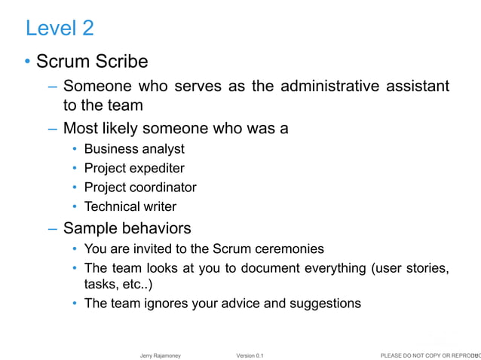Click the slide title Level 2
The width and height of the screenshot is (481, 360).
(x=60, y=29)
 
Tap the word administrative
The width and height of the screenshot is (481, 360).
(x=339, y=86)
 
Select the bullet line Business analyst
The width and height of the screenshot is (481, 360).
(x=134, y=149)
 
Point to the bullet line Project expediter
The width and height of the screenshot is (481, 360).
(x=134, y=168)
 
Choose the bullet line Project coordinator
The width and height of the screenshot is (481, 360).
(x=140, y=187)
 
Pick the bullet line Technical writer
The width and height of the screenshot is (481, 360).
(x=130, y=206)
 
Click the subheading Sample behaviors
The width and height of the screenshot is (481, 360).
(x=127, y=227)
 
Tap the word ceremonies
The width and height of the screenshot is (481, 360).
(x=290, y=249)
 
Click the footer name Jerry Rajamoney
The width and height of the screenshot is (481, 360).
(x=161, y=354)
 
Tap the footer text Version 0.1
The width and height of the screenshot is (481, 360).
(x=250, y=354)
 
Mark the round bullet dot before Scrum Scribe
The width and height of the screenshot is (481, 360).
(x=28, y=62)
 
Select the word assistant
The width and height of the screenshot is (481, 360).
(x=417, y=86)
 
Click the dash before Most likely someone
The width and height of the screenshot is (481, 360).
(x=52, y=129)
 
